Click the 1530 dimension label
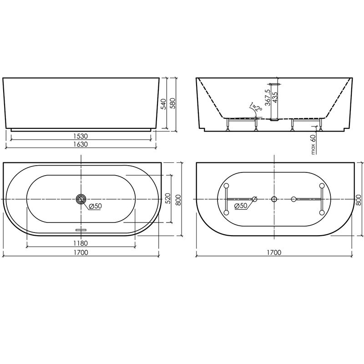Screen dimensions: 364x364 (81, 136)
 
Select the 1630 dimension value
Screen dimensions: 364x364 (81, 144)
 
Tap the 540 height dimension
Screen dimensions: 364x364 (164, 104)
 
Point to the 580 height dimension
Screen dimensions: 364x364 (172, 104)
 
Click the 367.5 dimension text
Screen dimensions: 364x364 (268, 97)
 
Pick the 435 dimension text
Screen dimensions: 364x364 (275, 97)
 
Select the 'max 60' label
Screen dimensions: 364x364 (313, 144)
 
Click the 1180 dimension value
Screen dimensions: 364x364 (81, 243)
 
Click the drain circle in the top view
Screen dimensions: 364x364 (81, 199)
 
